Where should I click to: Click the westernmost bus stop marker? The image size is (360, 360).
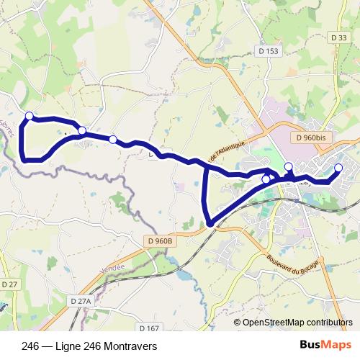(30, 116)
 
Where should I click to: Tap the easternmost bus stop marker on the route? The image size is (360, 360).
(338, 168)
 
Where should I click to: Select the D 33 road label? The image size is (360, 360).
(340, 37)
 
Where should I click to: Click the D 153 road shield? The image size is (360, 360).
(267, 51)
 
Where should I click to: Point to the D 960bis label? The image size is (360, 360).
(311, 136)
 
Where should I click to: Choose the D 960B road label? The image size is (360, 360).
(160, 240)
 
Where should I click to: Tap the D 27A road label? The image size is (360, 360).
(84, 300)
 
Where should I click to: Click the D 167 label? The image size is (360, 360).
(149, 328)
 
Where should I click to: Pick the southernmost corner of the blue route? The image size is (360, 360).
(210, 224)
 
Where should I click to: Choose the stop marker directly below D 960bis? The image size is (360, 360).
(289, 167)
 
